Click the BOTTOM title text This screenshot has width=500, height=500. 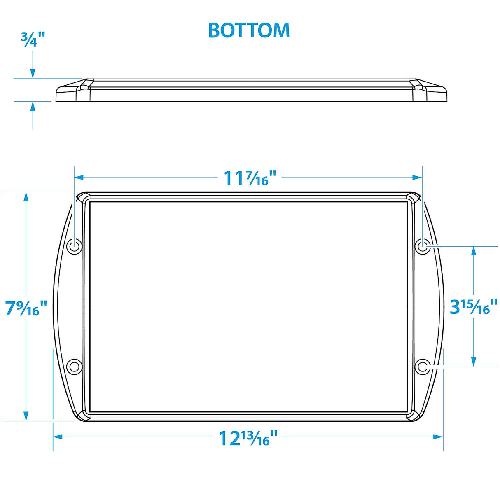click(x=249, y=30)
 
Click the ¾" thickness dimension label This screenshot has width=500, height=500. click(x=33, y=40)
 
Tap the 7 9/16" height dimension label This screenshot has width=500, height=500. click(x=26, y=308)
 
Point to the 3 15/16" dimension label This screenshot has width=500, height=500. click(x=473, y=307)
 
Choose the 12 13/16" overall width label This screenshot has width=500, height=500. click(x=248, y=438)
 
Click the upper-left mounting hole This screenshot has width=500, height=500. click(x=74, y=246)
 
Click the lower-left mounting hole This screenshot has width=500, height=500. click(x=74, y=366)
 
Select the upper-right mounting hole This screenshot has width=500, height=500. click(x=422, y=246)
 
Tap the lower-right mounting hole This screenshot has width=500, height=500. click(x=422, y=366)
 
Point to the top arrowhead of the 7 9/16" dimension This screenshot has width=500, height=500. click(x=26, y=197)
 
